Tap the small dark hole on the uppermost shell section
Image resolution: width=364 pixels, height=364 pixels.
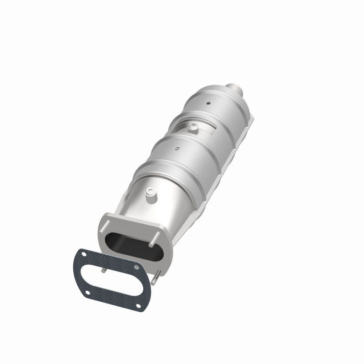208,104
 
